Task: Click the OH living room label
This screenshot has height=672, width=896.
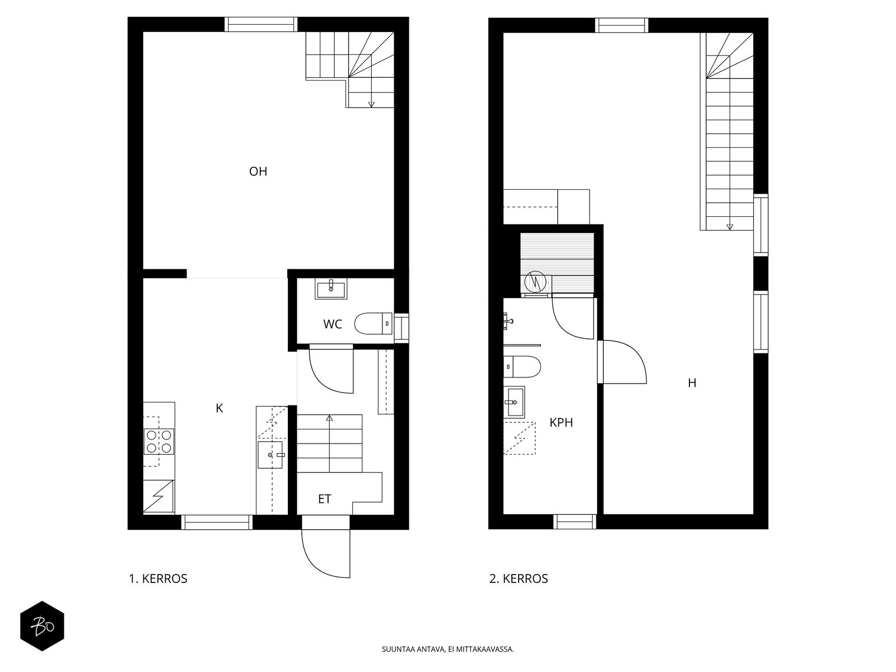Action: coord(258,171)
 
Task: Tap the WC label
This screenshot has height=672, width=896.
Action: coord(332,324)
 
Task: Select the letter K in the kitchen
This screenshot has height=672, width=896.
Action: coord(219,408)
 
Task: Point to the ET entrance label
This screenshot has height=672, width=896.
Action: coord(324,499)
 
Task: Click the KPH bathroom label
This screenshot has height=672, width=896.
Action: coord(561,423)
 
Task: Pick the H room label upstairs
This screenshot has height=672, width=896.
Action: coord(692,382)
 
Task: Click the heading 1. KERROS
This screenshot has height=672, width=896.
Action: coord(158,578)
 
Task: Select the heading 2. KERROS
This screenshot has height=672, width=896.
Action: coord(519,578)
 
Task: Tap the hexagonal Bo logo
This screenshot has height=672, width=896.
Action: coord(42,626)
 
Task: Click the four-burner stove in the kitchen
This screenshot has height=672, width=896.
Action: coord(159,441)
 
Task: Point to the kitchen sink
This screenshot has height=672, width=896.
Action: coord(270,455)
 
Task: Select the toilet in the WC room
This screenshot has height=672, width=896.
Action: coord(373,324)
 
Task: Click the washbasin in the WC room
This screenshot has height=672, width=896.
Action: coord(330,289)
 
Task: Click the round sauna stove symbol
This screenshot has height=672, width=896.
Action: coord(535,282)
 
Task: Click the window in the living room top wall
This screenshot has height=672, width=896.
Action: coord(261,25)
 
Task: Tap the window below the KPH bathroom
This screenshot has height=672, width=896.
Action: coord(575,522)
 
